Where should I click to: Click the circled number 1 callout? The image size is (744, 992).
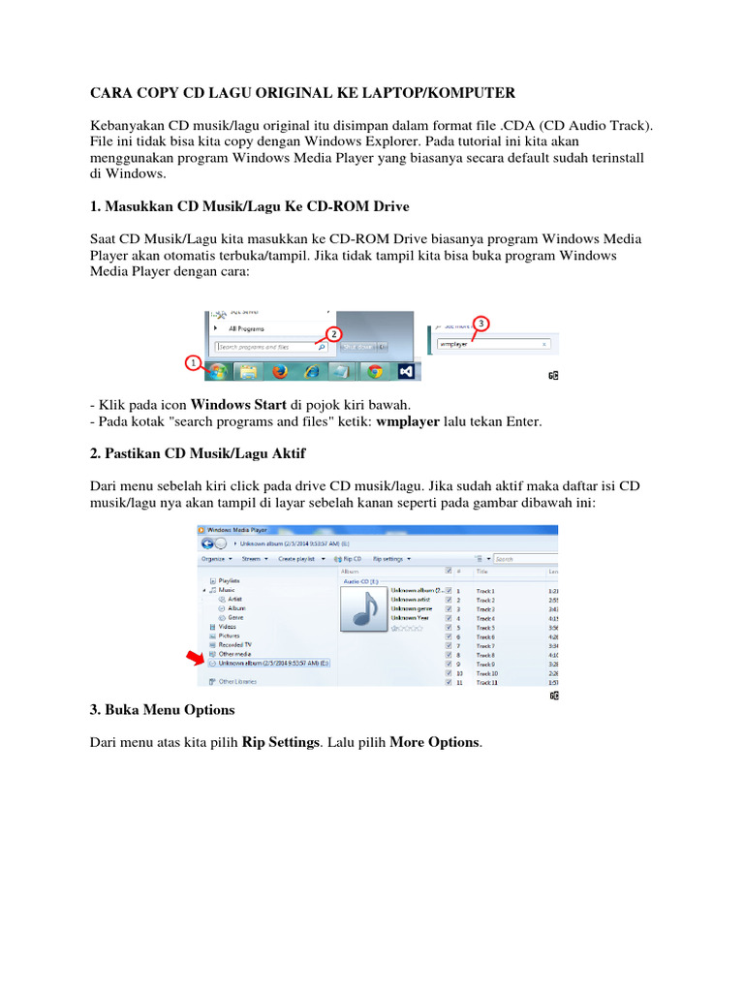click(193, 364)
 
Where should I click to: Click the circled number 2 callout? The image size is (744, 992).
click(334, 333)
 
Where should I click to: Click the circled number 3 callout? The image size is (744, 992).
click(481, 322)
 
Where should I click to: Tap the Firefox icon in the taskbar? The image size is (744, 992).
click(281, 371)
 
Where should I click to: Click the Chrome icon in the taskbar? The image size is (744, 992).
click(374, 371)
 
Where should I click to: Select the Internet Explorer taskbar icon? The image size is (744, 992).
click(312, 371)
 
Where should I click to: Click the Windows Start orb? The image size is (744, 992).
click(220, 371)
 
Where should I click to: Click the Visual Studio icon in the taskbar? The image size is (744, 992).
click(406, 371)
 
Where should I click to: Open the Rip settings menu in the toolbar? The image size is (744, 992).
click(391, 559)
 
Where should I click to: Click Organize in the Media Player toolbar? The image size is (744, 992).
click(214, 559)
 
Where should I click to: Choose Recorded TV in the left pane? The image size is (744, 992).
click(235, 644)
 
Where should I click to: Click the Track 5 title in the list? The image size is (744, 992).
click(485, 627)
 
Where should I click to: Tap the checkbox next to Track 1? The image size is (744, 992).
click(448, 590)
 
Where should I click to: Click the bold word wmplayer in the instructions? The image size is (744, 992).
click(407, 422)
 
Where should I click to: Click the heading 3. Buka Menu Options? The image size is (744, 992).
click(162, 710)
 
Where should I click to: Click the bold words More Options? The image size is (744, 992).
click(434, 742)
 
